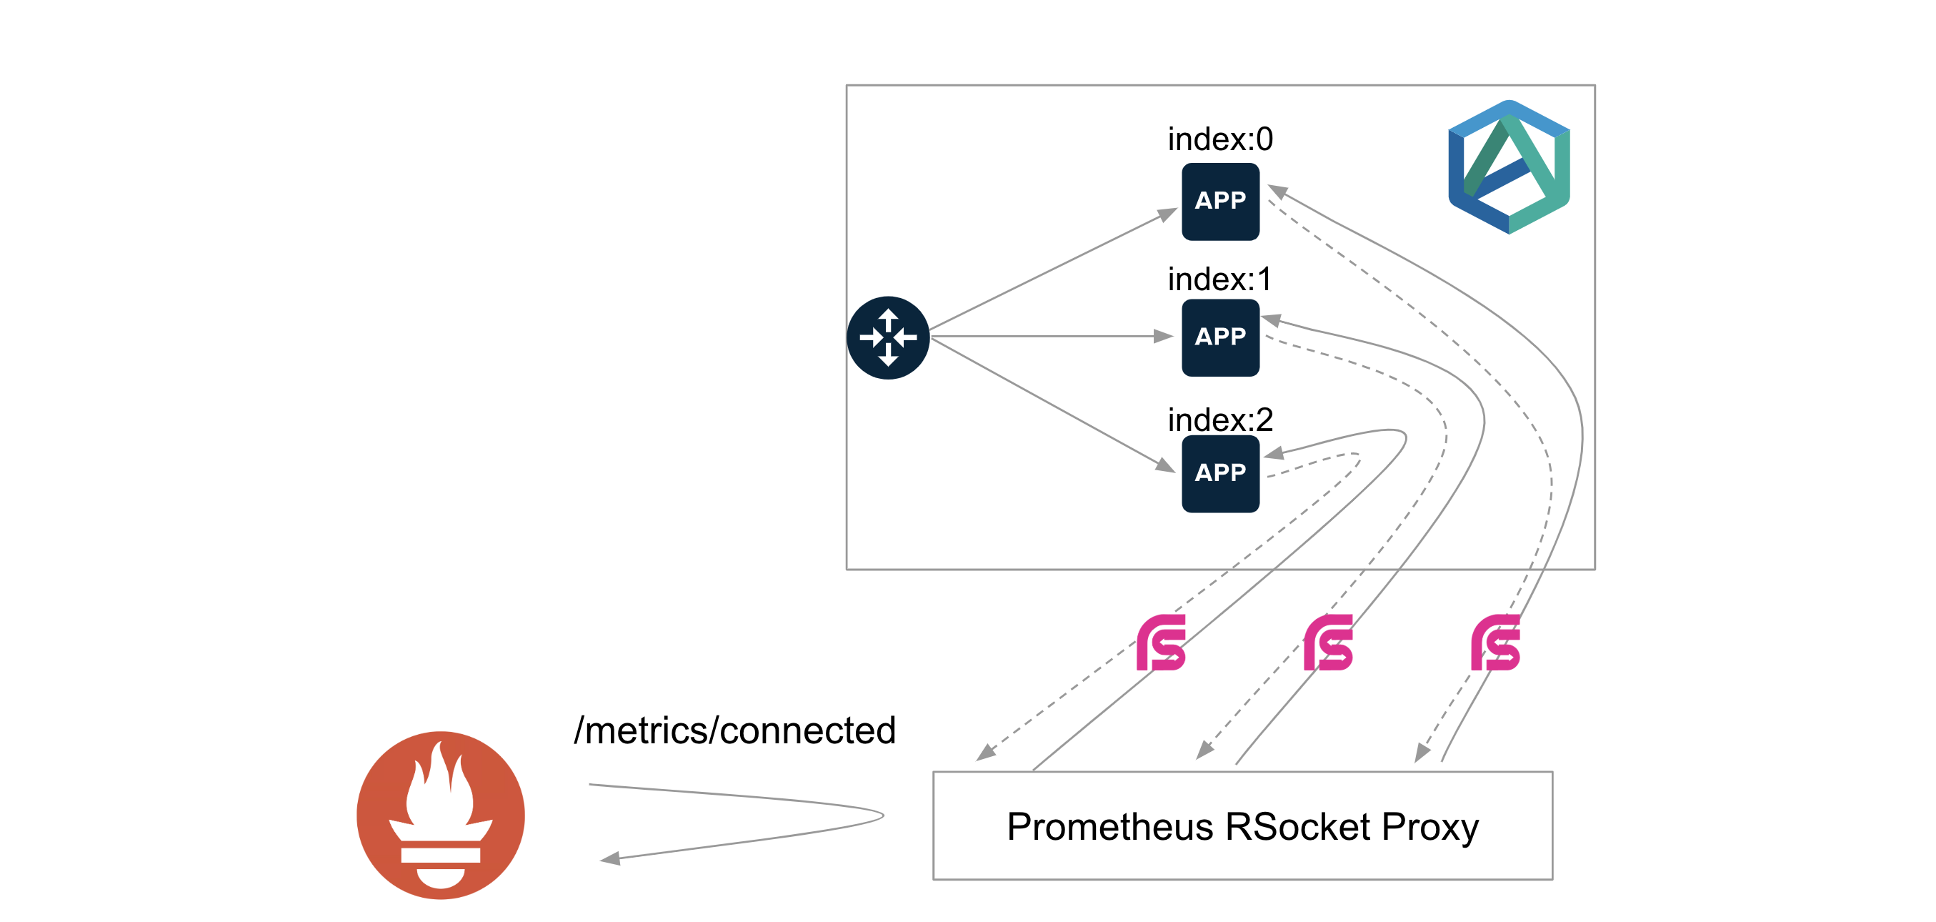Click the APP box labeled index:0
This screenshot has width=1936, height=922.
click(1219, 202)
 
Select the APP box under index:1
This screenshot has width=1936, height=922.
click(1219, 337)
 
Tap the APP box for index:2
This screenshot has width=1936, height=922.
click(1219, 474)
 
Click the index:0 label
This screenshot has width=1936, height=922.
click(1219, 139)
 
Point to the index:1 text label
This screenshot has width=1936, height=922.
click(1219, 279)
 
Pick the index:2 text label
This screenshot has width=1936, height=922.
click(1219, 420)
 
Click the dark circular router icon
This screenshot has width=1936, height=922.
click(887, 337)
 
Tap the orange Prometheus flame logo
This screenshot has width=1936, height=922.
click(440, 815)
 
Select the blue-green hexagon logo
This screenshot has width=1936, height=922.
click(1508, 167)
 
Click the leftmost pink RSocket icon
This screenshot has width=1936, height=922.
click(1160, 643)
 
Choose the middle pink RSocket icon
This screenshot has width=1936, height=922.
click(1328, 643)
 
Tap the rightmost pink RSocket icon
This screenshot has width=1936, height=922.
click(1495, 643)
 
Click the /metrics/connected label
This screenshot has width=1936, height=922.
click(734, 730)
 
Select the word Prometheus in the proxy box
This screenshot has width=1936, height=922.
click(1109, 826)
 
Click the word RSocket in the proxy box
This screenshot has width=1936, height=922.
click(1297, 826)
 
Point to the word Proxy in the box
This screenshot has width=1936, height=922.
click(1429, 826)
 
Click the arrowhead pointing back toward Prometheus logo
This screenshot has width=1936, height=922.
click(610, 858)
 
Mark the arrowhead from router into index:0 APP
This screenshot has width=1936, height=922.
click(1167, 215)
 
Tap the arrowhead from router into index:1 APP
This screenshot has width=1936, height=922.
click(1164, 336)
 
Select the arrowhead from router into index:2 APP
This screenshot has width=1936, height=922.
click(1166, 465)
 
